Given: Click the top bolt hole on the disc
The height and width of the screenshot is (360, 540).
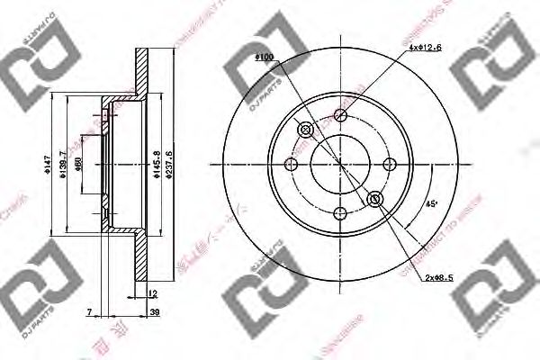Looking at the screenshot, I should point(340,114).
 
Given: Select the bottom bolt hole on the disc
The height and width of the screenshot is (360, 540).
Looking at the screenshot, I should point(340,213).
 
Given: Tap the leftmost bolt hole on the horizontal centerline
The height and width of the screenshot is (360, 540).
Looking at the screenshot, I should point(291,164).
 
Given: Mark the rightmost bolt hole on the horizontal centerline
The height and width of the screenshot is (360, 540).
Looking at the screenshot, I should point(390,164).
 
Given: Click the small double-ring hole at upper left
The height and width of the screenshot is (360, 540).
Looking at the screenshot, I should point(305,131).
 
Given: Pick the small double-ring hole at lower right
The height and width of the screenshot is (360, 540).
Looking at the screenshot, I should point(374,198).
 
